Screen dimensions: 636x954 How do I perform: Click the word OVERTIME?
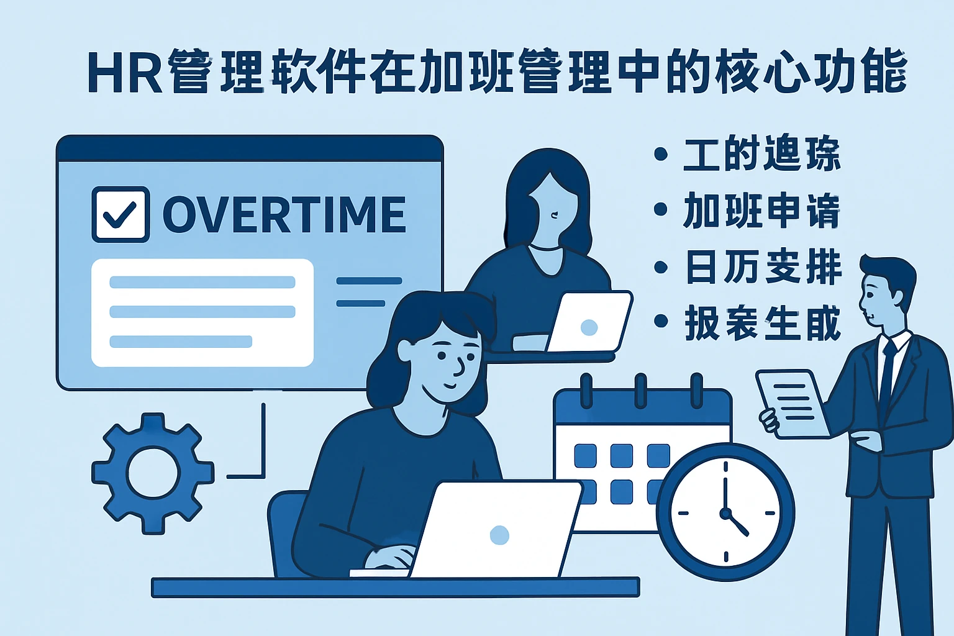[x=284, y=214]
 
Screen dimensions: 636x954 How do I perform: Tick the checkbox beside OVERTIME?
[x=120, y=214]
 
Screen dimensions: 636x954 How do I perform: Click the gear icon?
[x=153, y=473]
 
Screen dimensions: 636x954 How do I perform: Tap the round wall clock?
[x=725, y=512]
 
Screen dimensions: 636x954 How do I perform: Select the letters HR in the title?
[x=124, y=73]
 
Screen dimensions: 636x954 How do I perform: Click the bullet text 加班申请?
[x=761, y=211]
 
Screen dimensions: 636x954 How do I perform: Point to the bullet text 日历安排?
[x=763, y=267]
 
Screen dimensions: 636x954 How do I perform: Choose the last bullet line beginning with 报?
[x=763, y=323]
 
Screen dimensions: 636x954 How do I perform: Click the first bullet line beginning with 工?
[x=761, y=153]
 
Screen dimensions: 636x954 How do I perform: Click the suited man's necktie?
[x=888, y=373]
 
